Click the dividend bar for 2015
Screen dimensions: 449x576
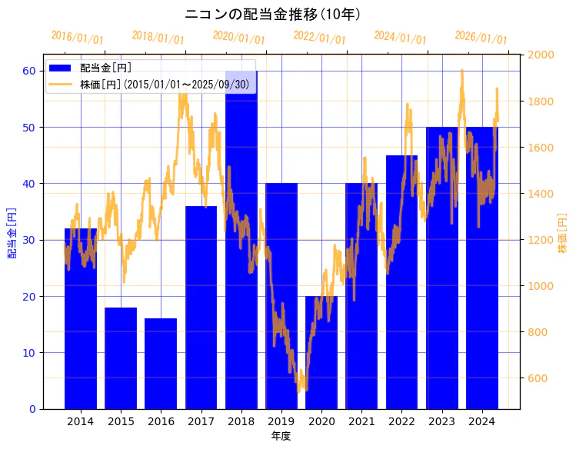121,358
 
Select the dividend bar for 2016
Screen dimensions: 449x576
161,363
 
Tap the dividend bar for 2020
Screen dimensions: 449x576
321,352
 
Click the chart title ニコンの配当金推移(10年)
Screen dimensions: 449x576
273,14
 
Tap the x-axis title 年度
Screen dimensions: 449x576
281,436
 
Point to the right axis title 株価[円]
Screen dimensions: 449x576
562,235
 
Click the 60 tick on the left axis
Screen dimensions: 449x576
29,71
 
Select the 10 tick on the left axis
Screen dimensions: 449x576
29,353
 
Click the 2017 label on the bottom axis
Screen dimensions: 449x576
201,421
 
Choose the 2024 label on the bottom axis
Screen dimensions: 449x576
481,421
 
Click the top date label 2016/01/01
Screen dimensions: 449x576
77,38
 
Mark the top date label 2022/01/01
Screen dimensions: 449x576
319,38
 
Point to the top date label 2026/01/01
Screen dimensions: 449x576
481,38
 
